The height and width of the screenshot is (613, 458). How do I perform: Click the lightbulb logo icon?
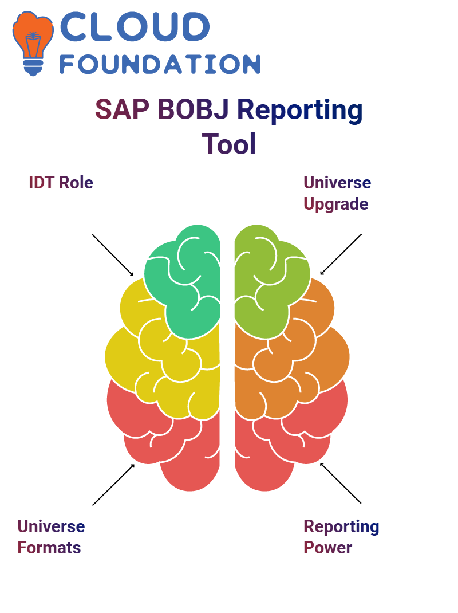[33, 43]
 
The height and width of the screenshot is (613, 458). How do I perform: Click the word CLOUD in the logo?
[135, 26]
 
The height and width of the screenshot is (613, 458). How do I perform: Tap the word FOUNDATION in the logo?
[160, 64]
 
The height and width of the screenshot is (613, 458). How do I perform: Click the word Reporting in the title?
[300, 111]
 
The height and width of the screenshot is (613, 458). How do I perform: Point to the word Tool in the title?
[229, 144]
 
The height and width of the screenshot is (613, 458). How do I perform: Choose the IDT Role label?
[61, 183]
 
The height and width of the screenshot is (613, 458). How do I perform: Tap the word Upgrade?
[336, 205]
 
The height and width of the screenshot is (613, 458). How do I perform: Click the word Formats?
[49, 548]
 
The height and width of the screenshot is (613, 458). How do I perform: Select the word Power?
[328, 548]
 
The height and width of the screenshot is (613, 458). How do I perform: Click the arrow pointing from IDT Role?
[113, 256]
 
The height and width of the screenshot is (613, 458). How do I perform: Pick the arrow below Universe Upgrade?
[341, 254]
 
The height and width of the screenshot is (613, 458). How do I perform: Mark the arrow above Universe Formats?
[113, 485]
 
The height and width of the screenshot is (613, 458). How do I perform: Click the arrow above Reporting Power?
[341, 483]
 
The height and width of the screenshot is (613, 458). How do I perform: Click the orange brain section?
[297, 360]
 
